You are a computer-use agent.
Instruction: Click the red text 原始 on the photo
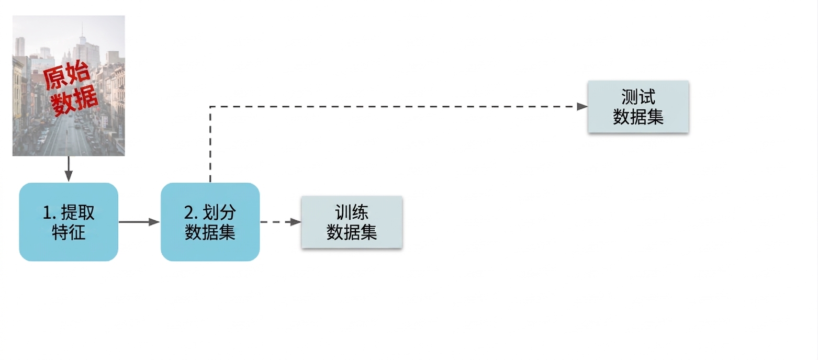pos(66,75)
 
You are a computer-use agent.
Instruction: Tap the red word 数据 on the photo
pos(74,99)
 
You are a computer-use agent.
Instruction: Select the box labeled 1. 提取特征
pos(69,222)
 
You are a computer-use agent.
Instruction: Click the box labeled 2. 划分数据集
pos(210,222)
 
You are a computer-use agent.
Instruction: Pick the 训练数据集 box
pos(352,222)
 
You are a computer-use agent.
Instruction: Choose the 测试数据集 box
pos(638,107)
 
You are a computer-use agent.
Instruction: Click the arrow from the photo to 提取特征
pos(69,169)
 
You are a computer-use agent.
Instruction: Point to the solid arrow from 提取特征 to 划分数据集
pos(139,222)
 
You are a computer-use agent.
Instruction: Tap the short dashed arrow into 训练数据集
pos(281,222)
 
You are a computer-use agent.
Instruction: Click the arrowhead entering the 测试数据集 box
pos(582,107)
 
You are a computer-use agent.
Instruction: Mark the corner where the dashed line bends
pos(210,107)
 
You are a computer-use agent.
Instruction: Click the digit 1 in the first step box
pos(47,212)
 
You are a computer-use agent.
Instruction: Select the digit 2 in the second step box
pos(189,212)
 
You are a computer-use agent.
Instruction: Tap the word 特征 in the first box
pos(69,232)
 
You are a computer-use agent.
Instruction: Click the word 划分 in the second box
pos(219,212)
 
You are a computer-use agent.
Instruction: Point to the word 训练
pos(352,212)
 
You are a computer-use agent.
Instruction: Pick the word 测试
pos(638,97)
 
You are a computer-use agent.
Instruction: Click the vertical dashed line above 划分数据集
pos(210,144)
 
